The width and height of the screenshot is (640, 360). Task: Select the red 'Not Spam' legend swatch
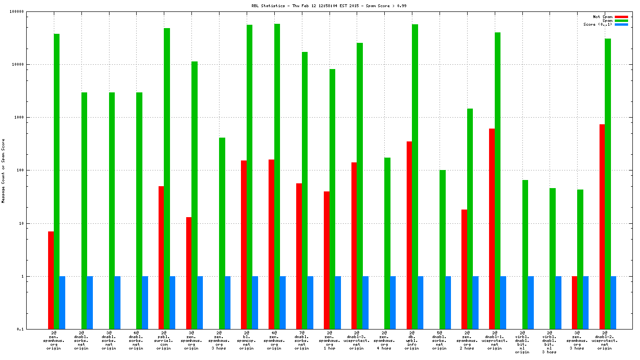tap(621, 17)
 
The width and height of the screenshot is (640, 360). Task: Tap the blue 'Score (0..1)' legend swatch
tap(621, 24)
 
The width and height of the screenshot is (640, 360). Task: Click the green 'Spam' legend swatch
tap(621, 20)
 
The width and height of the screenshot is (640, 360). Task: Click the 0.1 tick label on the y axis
tap(33, 329)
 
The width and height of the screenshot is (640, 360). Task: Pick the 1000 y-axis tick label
tap(32, 118)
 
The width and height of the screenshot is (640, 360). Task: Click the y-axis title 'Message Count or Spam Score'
tap(3, 171)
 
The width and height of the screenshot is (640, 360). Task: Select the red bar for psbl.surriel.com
tap(161, 257)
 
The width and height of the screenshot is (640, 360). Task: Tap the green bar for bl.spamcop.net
tap(250, 177)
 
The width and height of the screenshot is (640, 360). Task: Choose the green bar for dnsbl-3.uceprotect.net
tap(360, 186)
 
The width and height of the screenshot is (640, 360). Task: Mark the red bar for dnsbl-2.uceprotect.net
tap(602, 227)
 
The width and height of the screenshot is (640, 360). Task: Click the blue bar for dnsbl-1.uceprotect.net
tap(503, 302)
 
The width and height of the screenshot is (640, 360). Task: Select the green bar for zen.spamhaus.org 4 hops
tap(387, 243)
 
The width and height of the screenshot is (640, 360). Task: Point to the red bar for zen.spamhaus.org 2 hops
tap(464, 269)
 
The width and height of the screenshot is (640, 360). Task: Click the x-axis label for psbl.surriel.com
tap(164, 341)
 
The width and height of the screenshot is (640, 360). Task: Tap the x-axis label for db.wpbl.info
tap(412, 341)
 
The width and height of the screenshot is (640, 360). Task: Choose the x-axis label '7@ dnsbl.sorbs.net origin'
tap(301, 341)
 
